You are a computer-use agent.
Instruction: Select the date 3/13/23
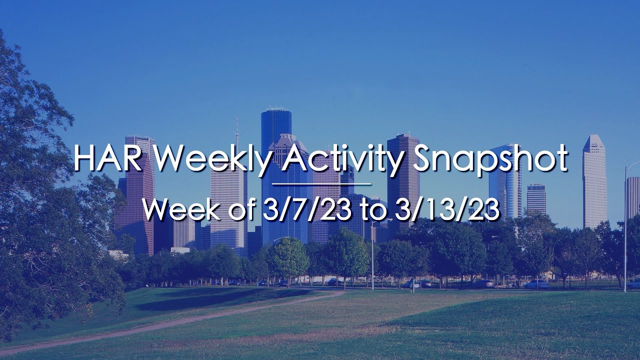pyautogui.click(x=447, y=210)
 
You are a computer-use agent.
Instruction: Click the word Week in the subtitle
pyautogui.click(x=175, y=210)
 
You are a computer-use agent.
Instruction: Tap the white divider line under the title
pyautogui.click(x=321, y=184)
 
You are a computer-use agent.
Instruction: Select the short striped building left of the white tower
pyautogui.click(x=536, y=199)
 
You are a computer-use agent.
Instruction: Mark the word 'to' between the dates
pyautogui.click(x=375, y=210)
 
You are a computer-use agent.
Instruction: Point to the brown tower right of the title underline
pyautogui.click(x=403, y=190)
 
